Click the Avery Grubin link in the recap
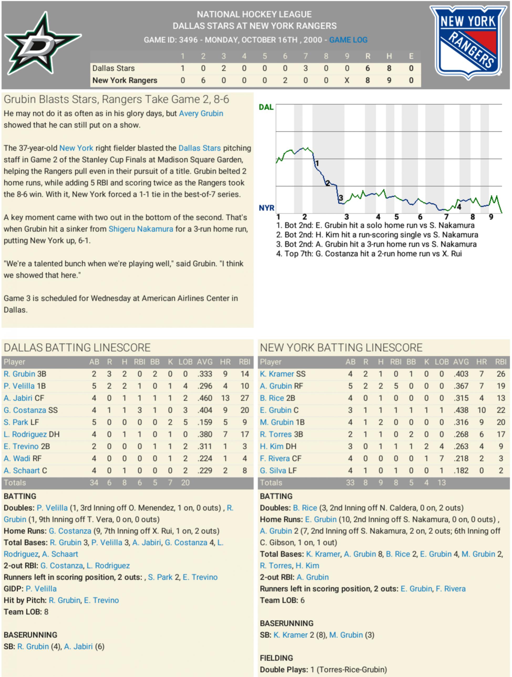201,113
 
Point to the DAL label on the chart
266,107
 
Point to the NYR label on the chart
266,208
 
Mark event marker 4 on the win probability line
459,207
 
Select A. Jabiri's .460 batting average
204,398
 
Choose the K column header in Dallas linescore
170,362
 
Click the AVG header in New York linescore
461,362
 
